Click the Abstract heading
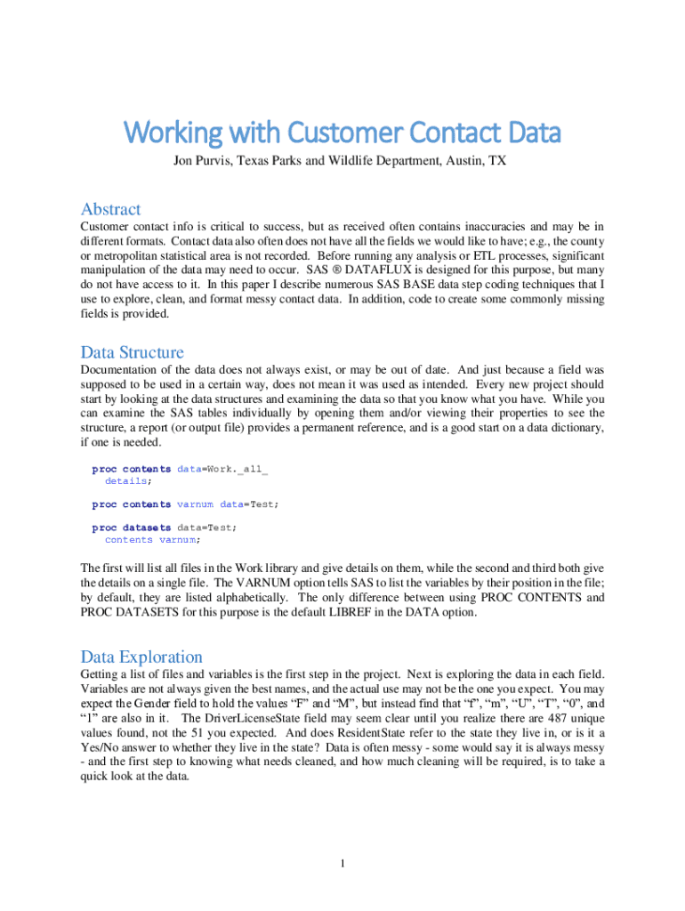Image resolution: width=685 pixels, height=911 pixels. click(x=110, y=210)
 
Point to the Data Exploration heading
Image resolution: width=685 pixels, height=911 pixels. click(x=141, y=657)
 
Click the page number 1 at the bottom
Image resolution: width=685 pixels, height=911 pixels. click(x=342, y=863)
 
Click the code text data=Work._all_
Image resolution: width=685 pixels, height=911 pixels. click(x=222, y=469)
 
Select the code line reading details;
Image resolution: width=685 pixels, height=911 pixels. click(x=128, y=480)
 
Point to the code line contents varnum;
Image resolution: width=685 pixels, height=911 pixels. click(x=152, y=539)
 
